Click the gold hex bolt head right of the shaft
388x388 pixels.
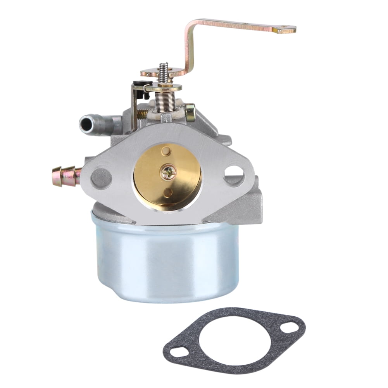click(x=190, y=112)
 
